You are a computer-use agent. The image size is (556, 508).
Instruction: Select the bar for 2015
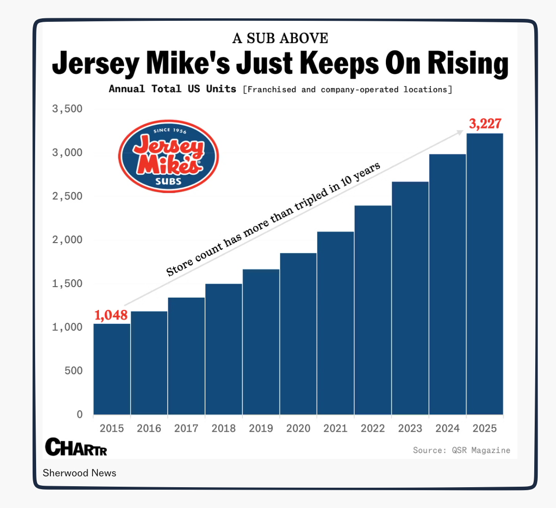(112, 369)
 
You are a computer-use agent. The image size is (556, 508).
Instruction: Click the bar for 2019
(261, 342)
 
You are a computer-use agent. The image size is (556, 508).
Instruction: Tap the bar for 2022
(373, 310)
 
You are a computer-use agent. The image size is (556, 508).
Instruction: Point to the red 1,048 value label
(111, 315)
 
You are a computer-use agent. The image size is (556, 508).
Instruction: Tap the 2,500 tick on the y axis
(68, 196)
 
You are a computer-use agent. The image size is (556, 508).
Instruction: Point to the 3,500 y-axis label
(68, 109)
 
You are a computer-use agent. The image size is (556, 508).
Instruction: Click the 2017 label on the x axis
(186, 428)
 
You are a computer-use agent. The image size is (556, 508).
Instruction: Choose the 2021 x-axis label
(336, 428)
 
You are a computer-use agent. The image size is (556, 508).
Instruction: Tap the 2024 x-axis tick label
(448, 428)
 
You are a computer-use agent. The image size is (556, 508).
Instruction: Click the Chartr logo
(76, 447)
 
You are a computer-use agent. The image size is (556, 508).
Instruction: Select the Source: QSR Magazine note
(462, 450)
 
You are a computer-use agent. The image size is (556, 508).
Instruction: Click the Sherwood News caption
(80, 473)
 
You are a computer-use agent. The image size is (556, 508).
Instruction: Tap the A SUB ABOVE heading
(280, 39)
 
